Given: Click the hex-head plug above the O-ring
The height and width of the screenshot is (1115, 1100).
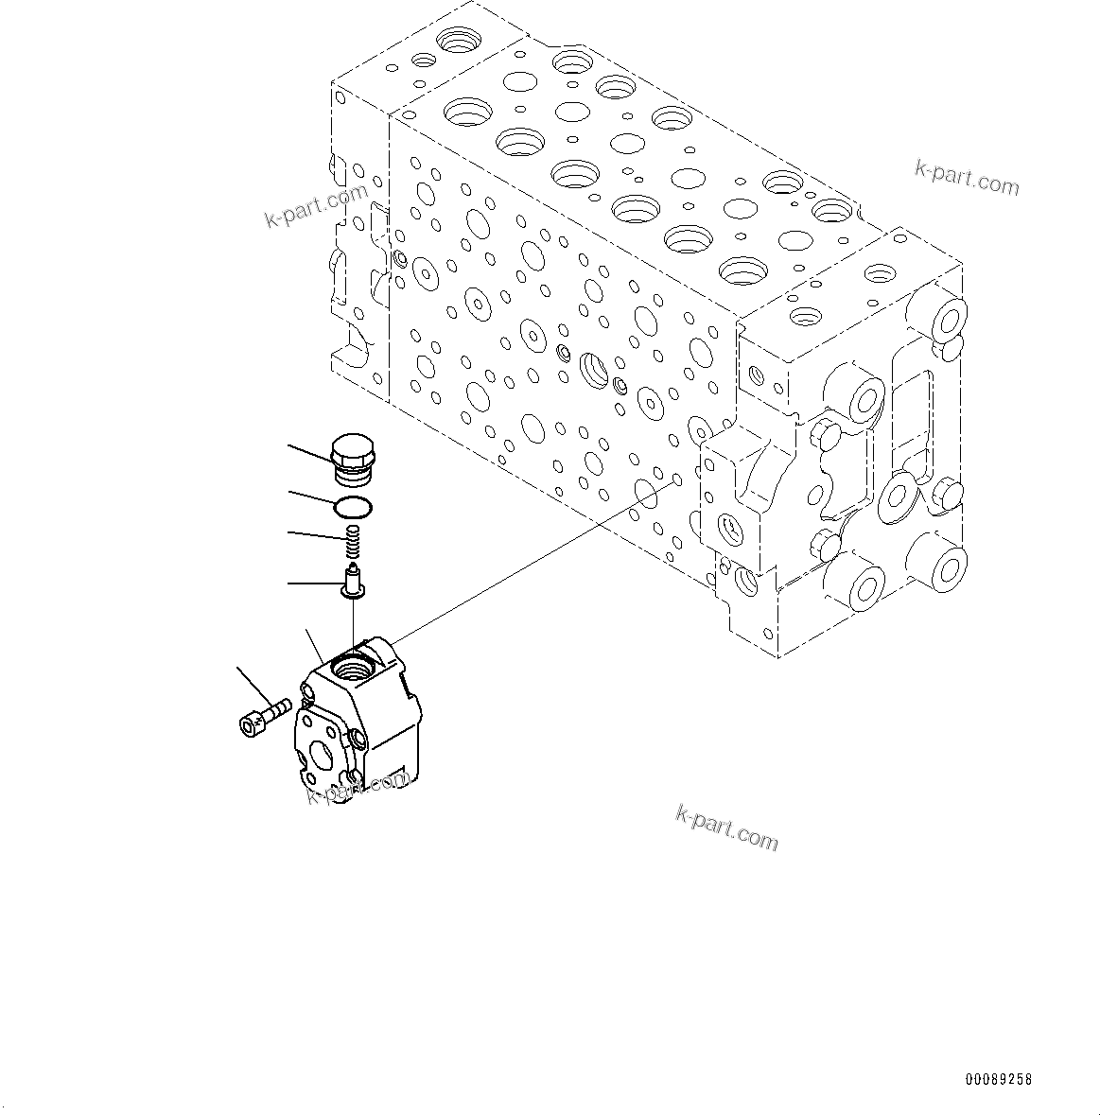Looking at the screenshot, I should [353, 457].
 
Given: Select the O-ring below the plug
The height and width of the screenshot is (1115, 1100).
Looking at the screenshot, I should [353, 508].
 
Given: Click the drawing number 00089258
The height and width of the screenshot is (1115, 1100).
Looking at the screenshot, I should [999, 1079].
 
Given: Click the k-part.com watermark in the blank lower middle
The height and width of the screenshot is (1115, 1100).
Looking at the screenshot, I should [726, 827].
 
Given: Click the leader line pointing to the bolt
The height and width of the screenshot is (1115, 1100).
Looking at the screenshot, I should [252, 686].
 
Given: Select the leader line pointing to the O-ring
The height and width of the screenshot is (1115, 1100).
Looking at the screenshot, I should [311, 498].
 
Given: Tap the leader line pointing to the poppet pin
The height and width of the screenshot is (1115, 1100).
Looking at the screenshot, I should [314, 584].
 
